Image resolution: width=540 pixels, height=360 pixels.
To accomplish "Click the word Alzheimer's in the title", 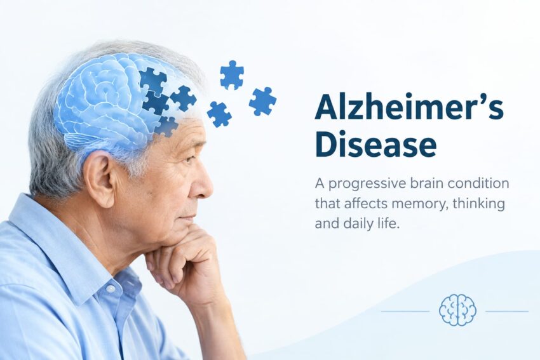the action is (x=409, y=106).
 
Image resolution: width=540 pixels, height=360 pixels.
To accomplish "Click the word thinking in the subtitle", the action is (x=479, y=203).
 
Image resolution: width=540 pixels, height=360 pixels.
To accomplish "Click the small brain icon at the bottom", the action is (x=457, y=310).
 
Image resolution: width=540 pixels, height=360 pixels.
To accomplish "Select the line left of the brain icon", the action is (x=405, y=312).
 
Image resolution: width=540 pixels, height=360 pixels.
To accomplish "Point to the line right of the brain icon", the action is (x=507, y=312).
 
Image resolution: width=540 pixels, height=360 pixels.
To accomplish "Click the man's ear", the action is (x=98, y=178).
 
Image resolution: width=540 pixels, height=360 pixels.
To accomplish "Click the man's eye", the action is (x=190, y=159).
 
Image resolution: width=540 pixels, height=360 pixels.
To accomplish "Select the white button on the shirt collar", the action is (x=110, y=288).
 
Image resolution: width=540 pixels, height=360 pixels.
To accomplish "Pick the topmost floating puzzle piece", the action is (x=232, y=75).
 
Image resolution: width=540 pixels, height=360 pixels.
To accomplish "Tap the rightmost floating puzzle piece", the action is (x=262, y=101).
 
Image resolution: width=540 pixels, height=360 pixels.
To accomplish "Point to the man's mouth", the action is (x=186, y=218).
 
